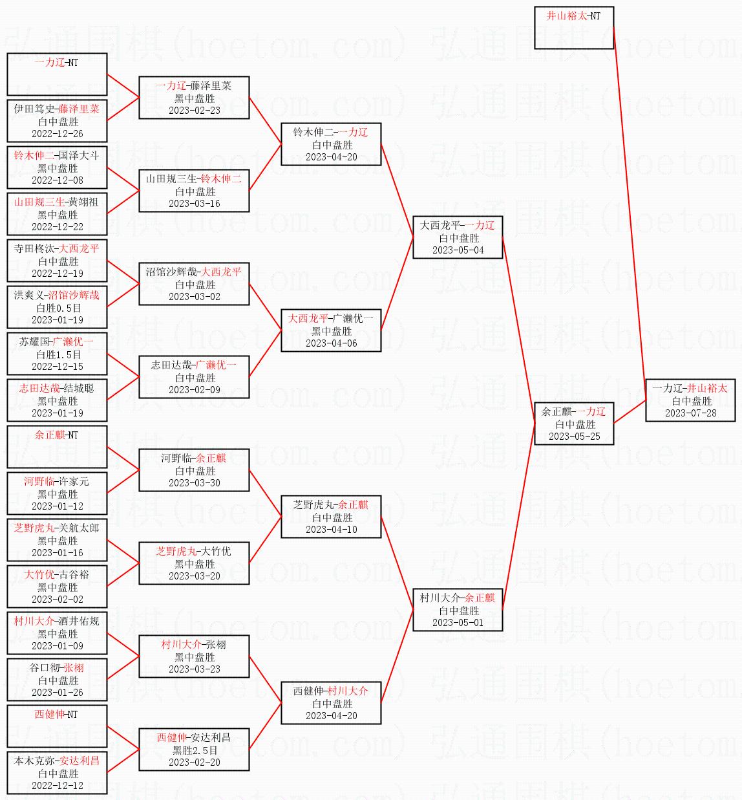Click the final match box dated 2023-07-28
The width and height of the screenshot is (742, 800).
pos(690,400)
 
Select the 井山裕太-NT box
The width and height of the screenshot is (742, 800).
pos(573,28)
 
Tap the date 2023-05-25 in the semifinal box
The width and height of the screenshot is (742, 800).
pos(574,437)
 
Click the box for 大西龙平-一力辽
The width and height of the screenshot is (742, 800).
pos(458,237)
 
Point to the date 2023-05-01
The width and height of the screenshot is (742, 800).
pos(458,623)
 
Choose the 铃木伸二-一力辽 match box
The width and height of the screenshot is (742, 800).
pos(331,144)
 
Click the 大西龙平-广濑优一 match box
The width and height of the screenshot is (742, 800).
pos(331,330)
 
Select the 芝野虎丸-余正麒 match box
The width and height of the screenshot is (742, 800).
pos(331,517)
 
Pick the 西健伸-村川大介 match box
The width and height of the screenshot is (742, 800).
pos(331,703)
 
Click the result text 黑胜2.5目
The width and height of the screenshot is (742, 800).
pos(195,750)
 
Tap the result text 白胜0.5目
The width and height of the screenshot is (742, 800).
pos(58,308)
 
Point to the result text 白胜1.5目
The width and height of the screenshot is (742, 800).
pos(58,354)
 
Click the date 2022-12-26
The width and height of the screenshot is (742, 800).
pos(58,134)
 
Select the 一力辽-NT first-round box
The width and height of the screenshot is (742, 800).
pos(57,74)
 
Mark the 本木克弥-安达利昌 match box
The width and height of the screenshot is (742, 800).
pos(57,773)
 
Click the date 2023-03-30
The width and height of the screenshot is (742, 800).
pos(195,483)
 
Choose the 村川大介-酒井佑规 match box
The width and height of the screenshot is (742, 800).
pos(57,633)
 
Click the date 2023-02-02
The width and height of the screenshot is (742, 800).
pos(58,600)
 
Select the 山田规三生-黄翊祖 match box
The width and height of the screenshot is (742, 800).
pos(57,214)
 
